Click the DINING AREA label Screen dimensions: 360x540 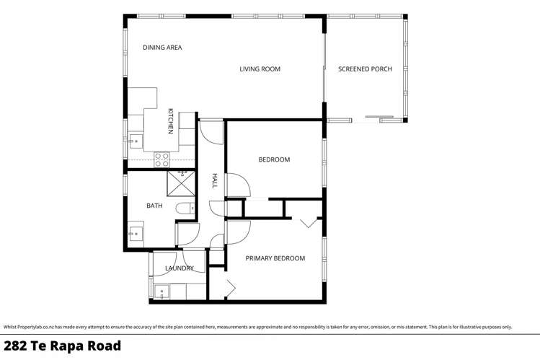pyautogui.click(x=162, y=48)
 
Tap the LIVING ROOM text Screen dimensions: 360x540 pyautogui.click(x=260, y=69)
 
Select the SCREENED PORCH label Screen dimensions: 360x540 pyautogui.click(x=365, y=69)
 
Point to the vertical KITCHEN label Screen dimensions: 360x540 pyautogui.click(x=171, y=121)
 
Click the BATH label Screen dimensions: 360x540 pyautogui.click(x=154, y=206)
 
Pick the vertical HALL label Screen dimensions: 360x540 pyautogui.click(x=214, y=181)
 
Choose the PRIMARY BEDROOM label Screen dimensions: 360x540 pyautogui.click(x=275, y=258)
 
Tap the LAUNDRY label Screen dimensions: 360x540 pyautogui.click(x=179, y=268)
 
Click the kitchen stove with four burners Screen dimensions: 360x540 pyautogui.click(x=161, y=159)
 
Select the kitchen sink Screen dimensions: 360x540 pyautogui.click(x=134, y=142)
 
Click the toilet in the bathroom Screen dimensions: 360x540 pyautogui.click(x=185, y=209)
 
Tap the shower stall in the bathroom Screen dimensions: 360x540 pyautogui.click(x=181, y=184)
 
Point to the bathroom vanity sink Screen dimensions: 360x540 pyautogui.click(x=134, y=233)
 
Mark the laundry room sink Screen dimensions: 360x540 pyautogui.click(x=161, y=292)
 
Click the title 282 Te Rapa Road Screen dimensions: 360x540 pyautogui.click(x=61, y=346)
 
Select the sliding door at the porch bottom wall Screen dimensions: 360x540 pyautogui.click(x=381, y=118)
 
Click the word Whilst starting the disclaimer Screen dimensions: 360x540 pyautogui.click(x=9, y=327)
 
